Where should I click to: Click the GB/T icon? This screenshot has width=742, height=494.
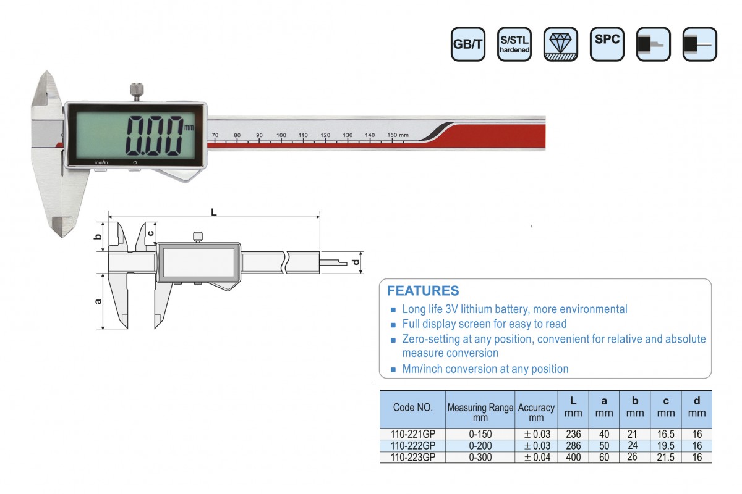(467, 44)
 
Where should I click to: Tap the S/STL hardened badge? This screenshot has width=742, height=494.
(514, 44)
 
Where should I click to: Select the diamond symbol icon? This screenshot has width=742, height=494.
(560, 44)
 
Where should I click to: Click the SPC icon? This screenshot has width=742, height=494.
(607, 44)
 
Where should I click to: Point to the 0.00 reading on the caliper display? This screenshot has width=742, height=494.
(155, 136)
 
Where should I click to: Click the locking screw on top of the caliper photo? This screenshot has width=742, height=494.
(136, 92)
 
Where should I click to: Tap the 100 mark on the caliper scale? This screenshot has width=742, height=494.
(281, 135)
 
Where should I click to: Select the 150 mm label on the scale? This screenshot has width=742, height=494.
(398, 135)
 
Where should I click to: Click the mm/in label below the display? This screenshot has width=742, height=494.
(101, 162)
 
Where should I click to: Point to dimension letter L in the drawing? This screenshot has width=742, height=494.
(214, 212)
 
